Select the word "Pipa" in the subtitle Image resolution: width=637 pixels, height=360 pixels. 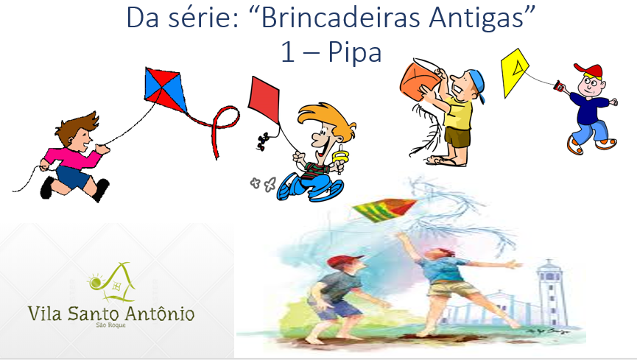(x=355, y=52)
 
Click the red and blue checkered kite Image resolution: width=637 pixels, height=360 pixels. (x=165, y=90)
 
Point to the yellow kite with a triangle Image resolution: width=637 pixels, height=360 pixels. (x=514, y=72)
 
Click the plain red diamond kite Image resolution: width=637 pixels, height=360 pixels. (x=264, y=99)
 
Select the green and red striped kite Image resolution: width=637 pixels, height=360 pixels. (x=384, y=209)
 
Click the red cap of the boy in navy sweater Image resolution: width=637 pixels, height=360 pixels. (x=589, y=71)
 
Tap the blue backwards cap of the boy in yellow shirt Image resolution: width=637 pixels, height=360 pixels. (x=478, y=83)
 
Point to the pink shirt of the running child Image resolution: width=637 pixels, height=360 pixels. (x=73, y=158)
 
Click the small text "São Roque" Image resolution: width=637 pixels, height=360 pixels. (x=111, y=325)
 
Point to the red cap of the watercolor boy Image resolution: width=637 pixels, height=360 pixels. (x=345, y=261)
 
